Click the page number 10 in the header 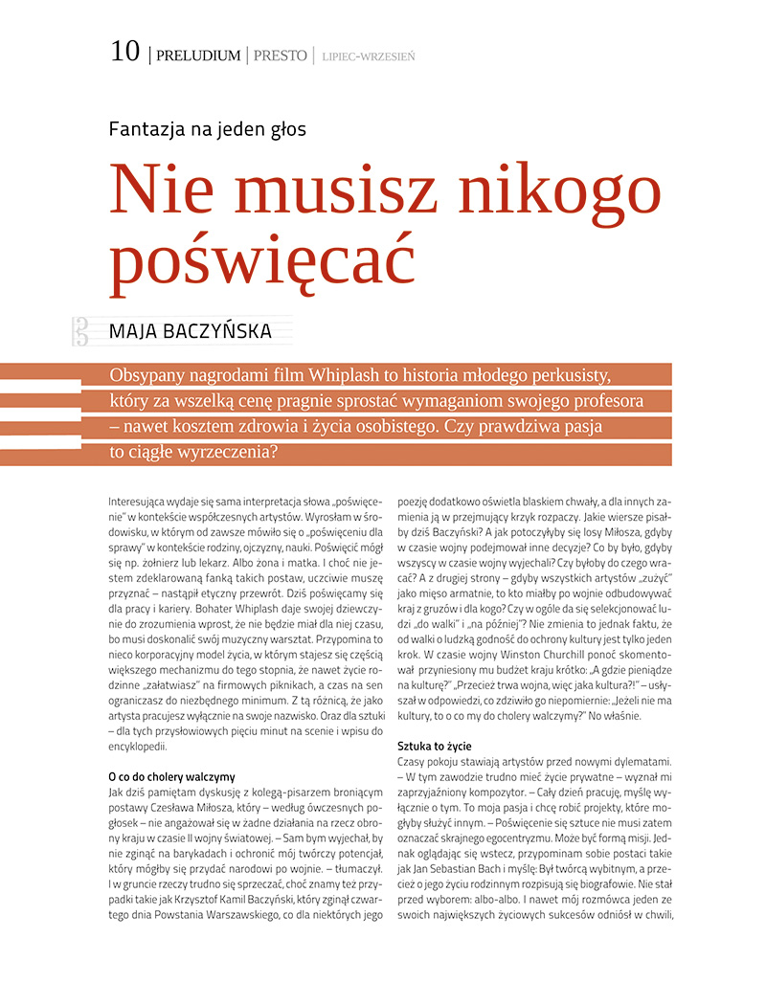pyautogui.click(x=125, y=53)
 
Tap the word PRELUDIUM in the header pyautogui.click(x=198, y=56)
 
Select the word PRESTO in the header pyautogui.click(x=280, y=56)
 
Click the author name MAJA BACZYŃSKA pyautogui.click(x=191, y=331)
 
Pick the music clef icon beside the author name pyautogui.click(x=80, y=331)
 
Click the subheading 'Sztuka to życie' pyautogui.click(x=434, y=746)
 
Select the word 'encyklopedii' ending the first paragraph pyautogui.click(x=138, y=747)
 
